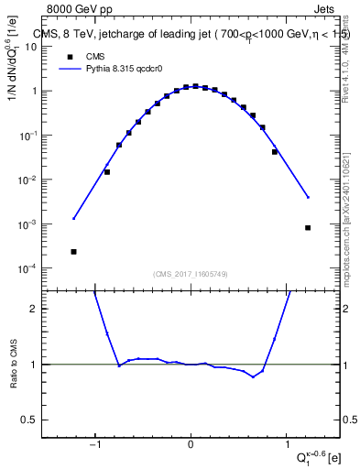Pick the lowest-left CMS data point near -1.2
pos(73,251)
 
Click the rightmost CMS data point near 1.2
pos(308,228)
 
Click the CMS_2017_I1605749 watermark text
pos(190,274)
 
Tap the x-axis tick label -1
pos(94,447)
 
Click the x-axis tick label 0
pos(191,447)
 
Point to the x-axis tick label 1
pos(286,447)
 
